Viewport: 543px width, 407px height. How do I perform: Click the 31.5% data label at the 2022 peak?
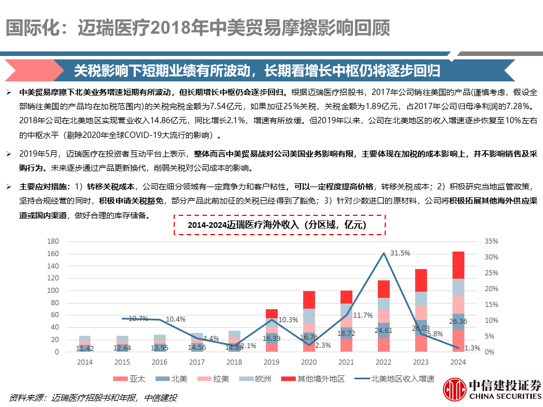click(x=400, y=253)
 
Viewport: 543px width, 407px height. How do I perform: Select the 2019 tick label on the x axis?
click(x=272, y=362)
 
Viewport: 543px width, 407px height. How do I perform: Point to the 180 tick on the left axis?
click(x=53, y=241)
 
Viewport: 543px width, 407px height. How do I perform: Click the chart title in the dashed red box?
click(x=278, y=225)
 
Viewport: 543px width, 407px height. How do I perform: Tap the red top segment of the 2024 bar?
click(x=459, y=265)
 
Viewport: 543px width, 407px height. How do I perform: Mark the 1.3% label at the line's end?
click(x=471, y=348)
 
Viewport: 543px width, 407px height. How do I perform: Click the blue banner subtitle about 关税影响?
click(x=257, y=71)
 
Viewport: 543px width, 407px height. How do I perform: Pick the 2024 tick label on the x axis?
click(x=459, y=362)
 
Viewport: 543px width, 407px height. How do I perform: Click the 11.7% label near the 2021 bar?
click(x=363, y=315)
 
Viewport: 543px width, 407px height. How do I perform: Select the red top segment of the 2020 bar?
click(x=309, y=300)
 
